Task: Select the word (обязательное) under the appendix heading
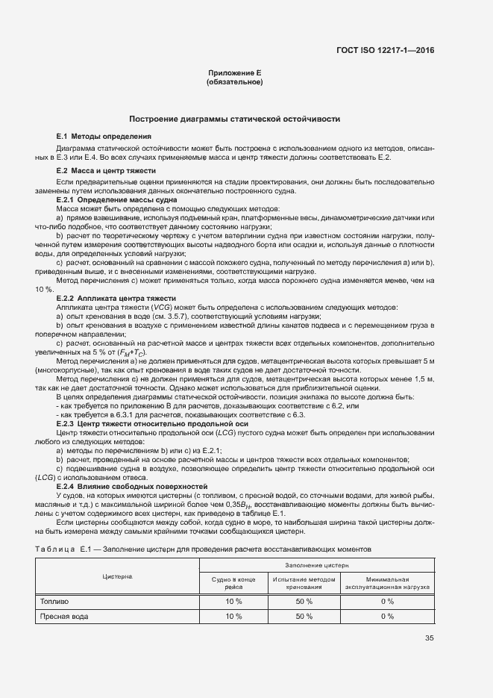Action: click(234, 82)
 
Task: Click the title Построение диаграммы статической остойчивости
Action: click(234, 119)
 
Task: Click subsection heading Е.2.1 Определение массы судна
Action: click(116, 200)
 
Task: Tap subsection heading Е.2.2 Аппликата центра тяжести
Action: click(116, 298)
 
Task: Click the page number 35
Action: click(430, 637)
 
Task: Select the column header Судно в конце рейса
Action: click(233, 583)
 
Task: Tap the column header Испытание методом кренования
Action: click(304, 583)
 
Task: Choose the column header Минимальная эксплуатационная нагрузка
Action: click(387, 583)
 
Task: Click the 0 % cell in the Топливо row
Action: click(387, 601)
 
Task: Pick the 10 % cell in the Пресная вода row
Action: click(233, 616)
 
